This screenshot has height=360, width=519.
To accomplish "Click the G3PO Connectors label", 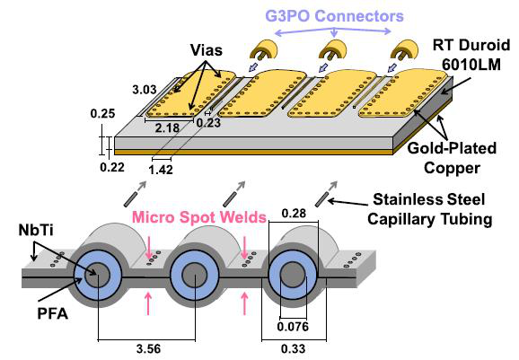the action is pyautogui.click(x=335, y=16).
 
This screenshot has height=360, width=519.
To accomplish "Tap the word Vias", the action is pyautogui.click(x=207, y=50).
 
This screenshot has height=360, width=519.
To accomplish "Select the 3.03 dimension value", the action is pyautogui.click(x=145, y=90).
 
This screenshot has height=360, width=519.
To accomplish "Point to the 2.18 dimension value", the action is pyautogui.click(x=167, y=127).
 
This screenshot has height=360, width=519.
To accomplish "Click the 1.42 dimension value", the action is pyautogui.click(x=161, y=170).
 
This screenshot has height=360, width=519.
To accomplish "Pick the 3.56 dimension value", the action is pyautogui.click(x=148, y=348).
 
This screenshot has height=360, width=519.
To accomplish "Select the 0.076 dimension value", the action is pyautogui.click(x=293, y=327).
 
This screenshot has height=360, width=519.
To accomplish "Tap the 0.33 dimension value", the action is pyautogui.click(x=294, y=348).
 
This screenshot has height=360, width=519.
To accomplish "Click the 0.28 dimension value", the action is pyautogui.click(x=294, y=214).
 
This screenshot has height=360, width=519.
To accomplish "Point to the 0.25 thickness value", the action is pyautogui.click(x=102, y=113).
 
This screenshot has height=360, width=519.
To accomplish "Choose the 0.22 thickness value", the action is pyautogui.click(x=112, y=167).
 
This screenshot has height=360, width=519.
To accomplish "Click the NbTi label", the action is pyautogui.click(x=36, y=231).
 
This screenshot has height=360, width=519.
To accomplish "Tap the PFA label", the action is pyautogui.click(x=53, y=313).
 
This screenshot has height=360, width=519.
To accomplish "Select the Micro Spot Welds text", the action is pyautogui.click(x=199, y=217).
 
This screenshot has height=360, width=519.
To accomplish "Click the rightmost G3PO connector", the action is pyautogui.click(x=404, y=50).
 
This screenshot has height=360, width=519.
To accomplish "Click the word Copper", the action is pyautogui.click(x=452, y=168).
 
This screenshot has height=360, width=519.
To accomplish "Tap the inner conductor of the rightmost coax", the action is pyautogui.click(x=294, y=276).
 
